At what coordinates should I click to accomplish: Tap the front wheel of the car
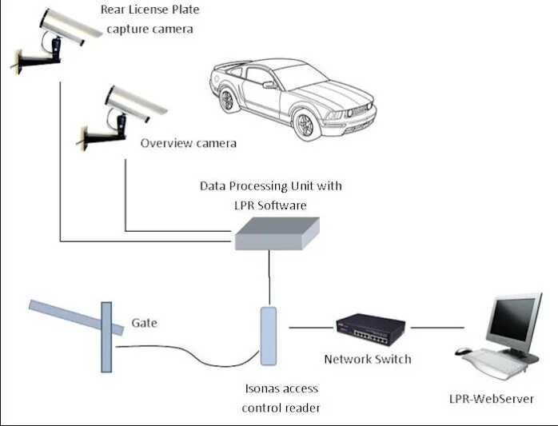[x=305, y=125]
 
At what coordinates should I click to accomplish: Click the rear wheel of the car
[x=226, y=100]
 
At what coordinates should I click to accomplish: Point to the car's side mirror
[x=269, y=85]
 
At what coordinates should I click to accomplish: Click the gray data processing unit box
[x=277, y=233]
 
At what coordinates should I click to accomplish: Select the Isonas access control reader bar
[x=269, y=336]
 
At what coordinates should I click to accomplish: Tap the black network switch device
[x=371, y=329]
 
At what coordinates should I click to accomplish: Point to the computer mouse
[x=463, y=351]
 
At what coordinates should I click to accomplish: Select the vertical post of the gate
[x=106, y=337]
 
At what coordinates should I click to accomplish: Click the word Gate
[x=144, y=323]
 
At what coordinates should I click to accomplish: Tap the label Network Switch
[x=368, y=359]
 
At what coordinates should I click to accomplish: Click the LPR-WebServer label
[x=492, y=399]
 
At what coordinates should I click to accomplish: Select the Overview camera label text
[x=188, y=143]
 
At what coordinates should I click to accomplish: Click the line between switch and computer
[x=437, y=328]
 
